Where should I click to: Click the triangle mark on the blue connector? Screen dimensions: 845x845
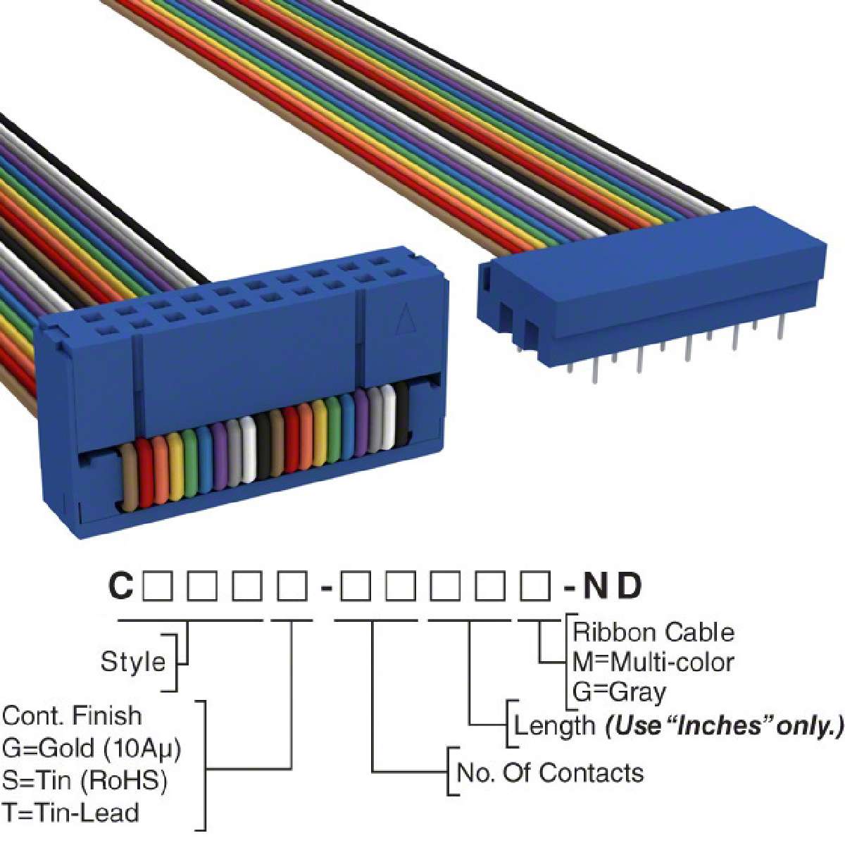(403, 321)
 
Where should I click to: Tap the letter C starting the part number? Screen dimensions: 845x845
(120, 586)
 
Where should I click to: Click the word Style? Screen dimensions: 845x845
(133, 662)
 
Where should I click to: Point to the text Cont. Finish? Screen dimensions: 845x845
(72, 715)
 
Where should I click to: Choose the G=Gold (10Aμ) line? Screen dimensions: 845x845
(92, 748)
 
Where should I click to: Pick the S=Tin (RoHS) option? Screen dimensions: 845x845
(85, 780)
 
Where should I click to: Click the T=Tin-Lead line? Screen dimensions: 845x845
(70, 813)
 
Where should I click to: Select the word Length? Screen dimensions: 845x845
(554, 725)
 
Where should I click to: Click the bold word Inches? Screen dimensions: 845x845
(720, 725)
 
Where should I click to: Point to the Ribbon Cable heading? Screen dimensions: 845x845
(653, 632)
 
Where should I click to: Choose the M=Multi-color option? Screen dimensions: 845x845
(653, 662)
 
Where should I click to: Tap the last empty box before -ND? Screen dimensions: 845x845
(535, 586)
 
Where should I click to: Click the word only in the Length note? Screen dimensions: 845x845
(804, 725)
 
